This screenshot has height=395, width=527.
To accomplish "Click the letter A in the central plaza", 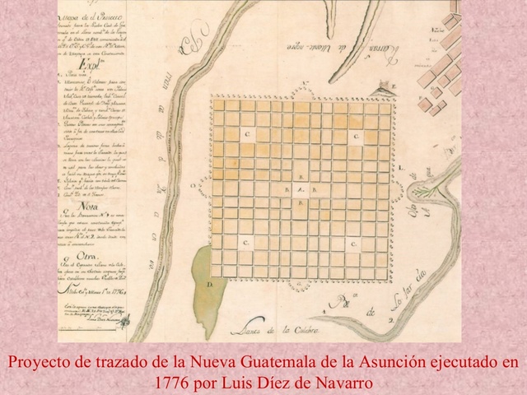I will (x=300, y=191).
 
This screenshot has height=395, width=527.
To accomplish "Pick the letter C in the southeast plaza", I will (x=352, y=244).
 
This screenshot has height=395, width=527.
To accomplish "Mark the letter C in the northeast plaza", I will (x=355, y=135).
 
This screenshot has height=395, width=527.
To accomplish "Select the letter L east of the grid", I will (x=399, y=168).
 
